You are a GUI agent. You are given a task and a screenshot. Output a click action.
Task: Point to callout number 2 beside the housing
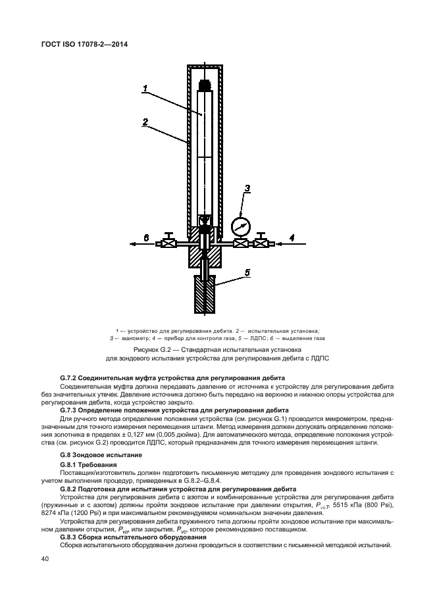click(x=145, y=122)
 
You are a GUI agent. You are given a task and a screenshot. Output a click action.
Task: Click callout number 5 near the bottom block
click(x=247, y=272)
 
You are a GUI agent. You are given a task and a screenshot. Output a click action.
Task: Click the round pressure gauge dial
click(x=240, y=226)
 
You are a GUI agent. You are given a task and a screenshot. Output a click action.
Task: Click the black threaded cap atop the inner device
click(x=206, y=85)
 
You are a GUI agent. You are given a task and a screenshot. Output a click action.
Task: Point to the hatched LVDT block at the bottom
click(x=206, y=294)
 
